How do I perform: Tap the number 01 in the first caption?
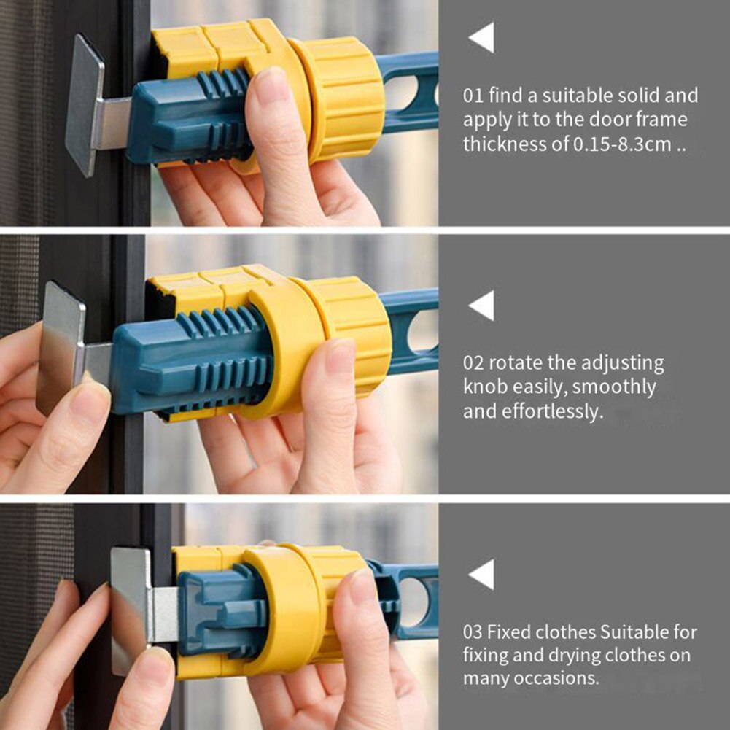[x=473, y=96]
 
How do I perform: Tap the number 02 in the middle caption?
[x=473, y=363]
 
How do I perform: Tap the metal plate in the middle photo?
[x=61, y=349]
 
